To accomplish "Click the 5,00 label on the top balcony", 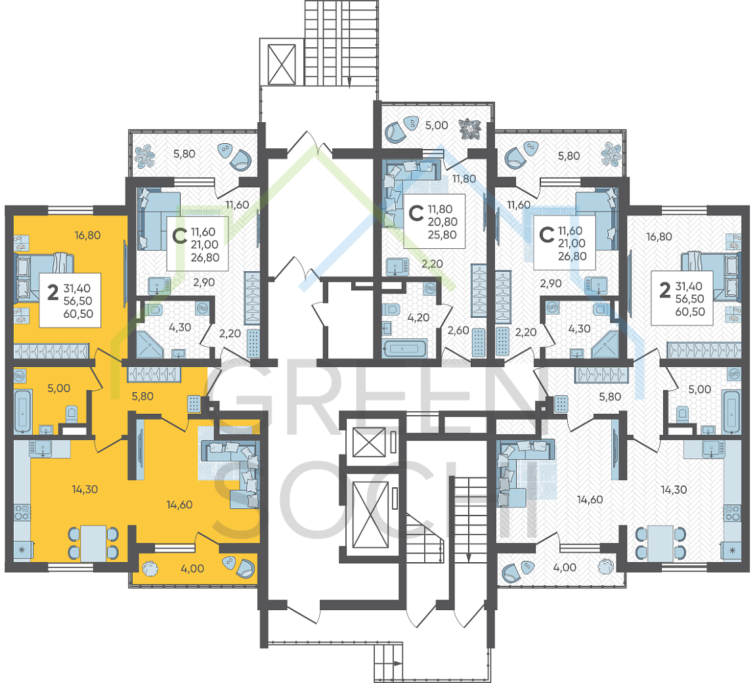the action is [436, 125].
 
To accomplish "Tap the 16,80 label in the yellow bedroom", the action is [87, 236].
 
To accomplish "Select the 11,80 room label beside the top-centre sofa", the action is [464, 179].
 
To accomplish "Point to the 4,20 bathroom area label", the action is [418, 317].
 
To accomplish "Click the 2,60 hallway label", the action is [458, 330].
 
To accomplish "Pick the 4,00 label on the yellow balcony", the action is [192, 569].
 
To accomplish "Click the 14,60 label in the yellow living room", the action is [180, 505].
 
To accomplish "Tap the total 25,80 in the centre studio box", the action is [442, 235].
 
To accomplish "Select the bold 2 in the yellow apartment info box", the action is [53, 292].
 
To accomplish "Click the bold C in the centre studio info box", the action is [416, 212].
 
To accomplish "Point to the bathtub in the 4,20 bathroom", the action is [404, 348].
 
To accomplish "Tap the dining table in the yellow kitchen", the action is [93, 543].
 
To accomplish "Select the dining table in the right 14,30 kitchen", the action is [660, 543].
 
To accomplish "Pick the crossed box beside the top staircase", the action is [282, 64].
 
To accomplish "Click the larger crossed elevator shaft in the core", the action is [370, 515].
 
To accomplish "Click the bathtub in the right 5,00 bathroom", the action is [731, 411].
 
